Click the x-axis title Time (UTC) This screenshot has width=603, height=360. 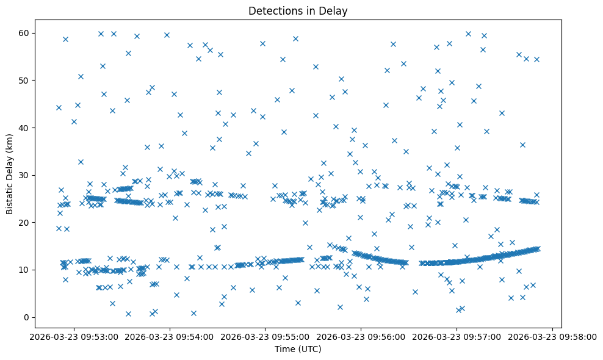coord(298,349)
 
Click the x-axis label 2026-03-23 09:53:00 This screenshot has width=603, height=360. coord(74,336)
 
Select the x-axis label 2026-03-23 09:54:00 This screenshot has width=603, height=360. coord(170,336)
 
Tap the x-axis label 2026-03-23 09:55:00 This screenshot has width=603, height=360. coord(265,336)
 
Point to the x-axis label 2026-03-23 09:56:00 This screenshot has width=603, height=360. coord(361,336)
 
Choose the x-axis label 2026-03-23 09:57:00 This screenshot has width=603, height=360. coord(457,336)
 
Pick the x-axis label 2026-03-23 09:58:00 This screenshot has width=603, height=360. coord(552,336)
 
